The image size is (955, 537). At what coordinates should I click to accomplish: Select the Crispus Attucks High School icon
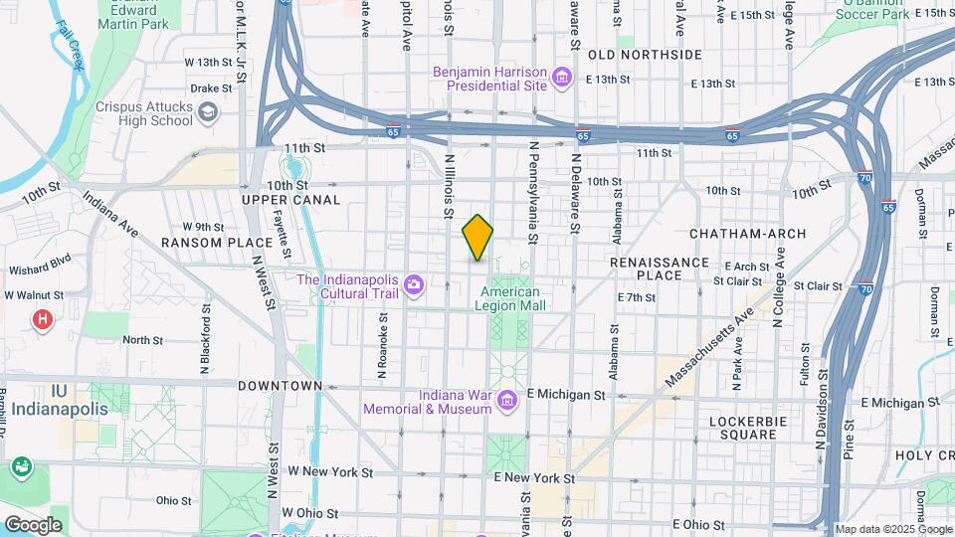click(206, 113)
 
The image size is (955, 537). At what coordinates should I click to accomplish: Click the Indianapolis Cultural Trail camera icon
click(414, 286)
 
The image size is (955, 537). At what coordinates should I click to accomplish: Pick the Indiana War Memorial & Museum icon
click(507, 401)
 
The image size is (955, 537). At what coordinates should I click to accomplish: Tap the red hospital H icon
click(42, 319)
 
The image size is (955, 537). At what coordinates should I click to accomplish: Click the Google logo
click(33, 525)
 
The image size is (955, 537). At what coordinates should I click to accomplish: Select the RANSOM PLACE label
click(217, 242)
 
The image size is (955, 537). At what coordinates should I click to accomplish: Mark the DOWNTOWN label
click(280, 385)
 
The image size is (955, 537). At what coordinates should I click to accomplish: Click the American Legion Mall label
click(510, 299)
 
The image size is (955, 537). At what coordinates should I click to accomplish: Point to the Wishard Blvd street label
click(39, 269)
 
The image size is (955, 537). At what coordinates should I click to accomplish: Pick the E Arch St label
click(748, 267)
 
